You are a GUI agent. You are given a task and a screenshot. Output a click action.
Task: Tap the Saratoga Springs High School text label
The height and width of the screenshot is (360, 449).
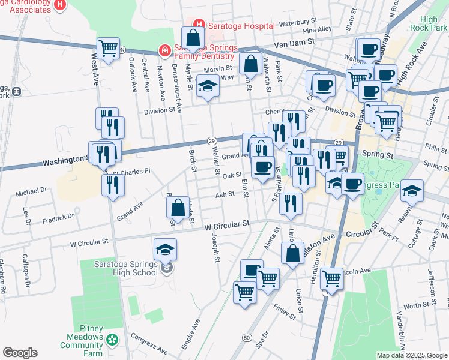tap(126, 268)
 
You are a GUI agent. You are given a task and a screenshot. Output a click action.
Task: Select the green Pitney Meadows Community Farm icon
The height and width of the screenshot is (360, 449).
tap(112, 340)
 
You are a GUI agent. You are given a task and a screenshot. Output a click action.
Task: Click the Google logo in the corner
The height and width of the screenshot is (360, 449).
tap(20, 353)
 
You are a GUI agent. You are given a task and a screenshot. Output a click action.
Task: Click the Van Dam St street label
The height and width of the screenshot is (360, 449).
tap(294, 41)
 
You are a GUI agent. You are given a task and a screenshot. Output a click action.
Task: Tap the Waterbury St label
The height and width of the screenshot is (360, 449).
tap(293, 23)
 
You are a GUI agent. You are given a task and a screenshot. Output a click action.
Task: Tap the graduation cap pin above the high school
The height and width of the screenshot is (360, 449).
tap(166, 248)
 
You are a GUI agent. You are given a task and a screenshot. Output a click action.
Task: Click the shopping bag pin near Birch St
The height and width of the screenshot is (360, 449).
tap(178, 208)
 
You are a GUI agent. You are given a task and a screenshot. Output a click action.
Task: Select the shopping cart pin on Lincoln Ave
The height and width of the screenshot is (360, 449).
tap(331, 278)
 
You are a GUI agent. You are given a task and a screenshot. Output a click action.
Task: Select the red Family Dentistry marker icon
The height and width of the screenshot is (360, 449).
tap(163, 51)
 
